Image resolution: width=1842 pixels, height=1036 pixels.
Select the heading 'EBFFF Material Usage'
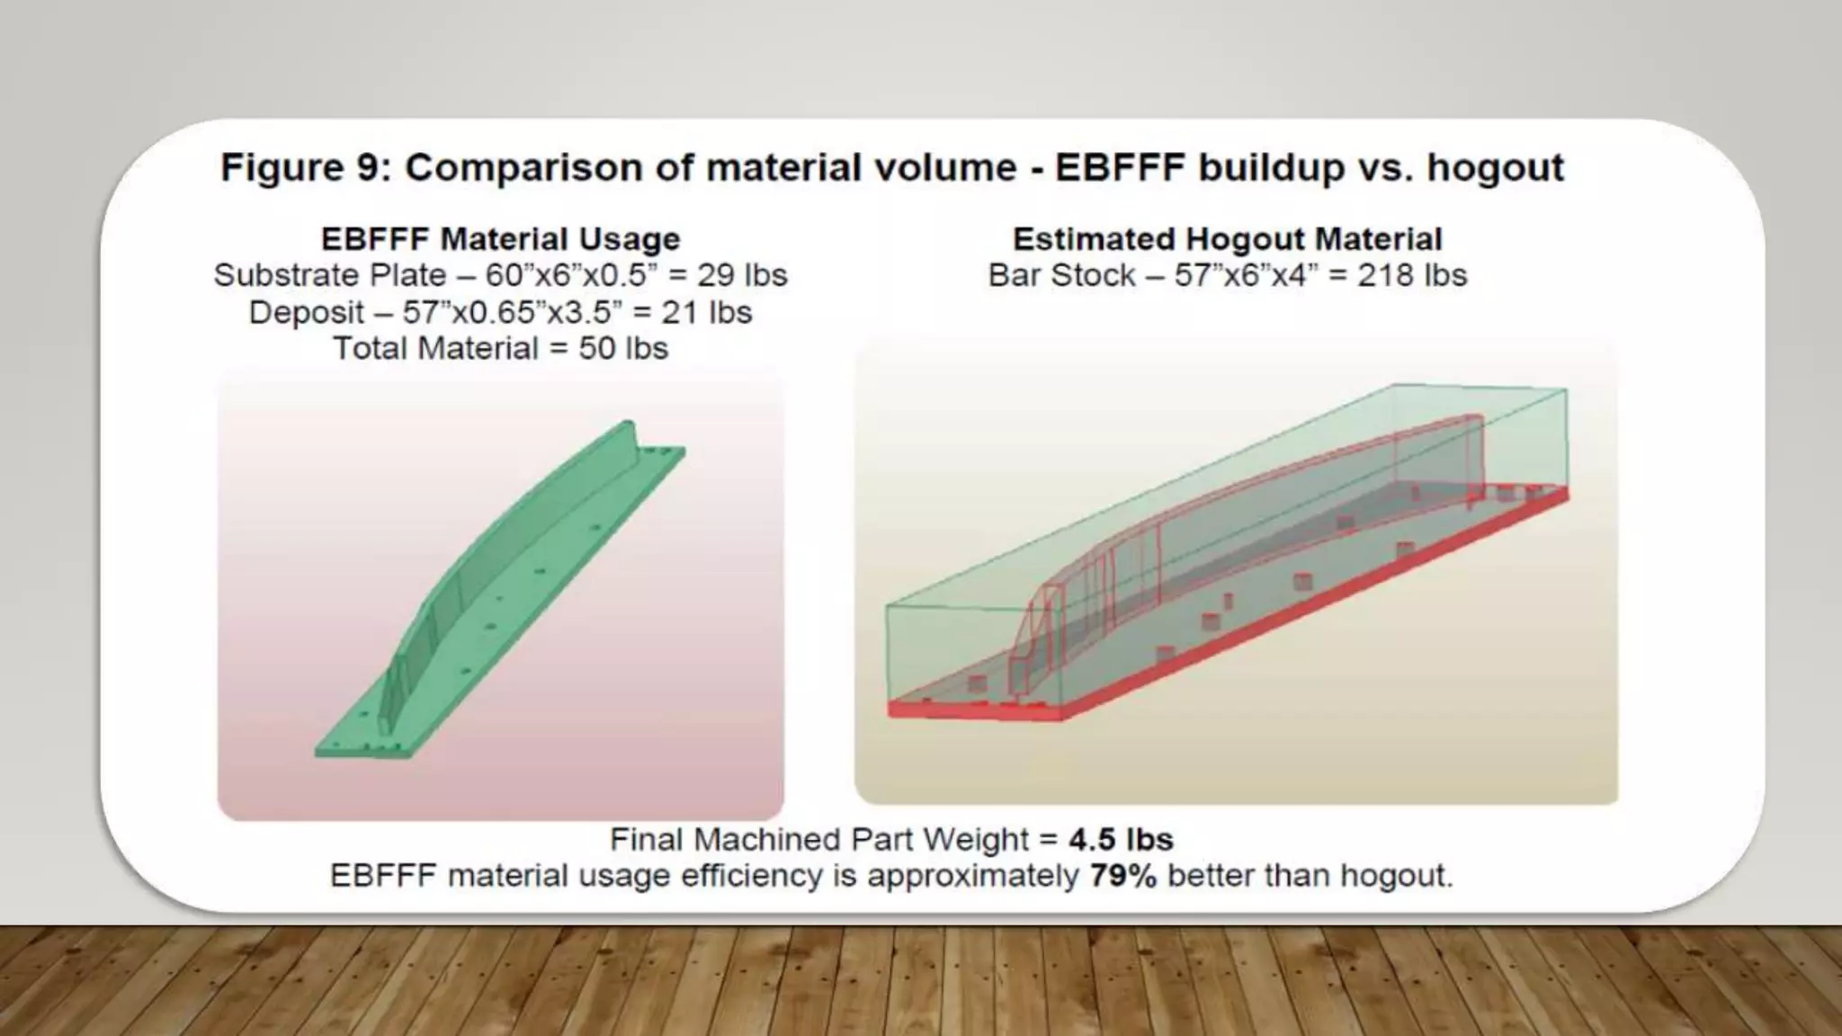[x=500, y=239]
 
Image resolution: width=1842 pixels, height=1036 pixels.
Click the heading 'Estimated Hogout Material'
[x=1227, y=239]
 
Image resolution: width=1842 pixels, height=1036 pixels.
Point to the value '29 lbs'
[x=742, y=275]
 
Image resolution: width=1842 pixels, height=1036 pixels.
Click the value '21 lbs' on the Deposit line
[x=707, y=312]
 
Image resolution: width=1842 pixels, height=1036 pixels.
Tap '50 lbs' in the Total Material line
[x=623, y=348]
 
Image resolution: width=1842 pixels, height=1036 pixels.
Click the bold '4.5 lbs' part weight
[x=1121, y=839]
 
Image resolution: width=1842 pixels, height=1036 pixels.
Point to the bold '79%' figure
[x=1122, y=875]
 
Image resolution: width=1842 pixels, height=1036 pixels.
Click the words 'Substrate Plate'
[x=329, y=275]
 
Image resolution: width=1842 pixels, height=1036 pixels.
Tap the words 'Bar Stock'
[x=1061, y=275]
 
